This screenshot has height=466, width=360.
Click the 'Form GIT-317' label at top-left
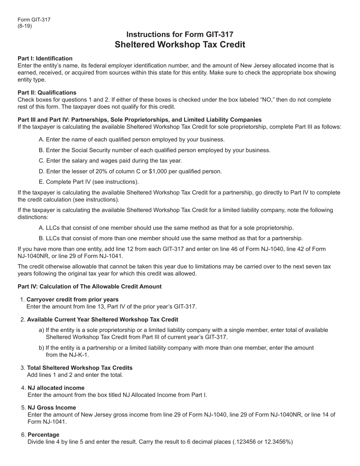click(x=34, y=20)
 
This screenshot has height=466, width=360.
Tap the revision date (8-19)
click(x=25, y=26)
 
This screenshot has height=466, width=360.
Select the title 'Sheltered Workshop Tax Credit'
click(x=180, y=44)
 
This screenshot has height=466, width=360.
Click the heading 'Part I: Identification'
click(x=45, y=58)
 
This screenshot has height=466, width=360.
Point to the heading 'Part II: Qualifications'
click(x=47, y=92)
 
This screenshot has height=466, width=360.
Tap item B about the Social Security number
click(x=155, y=150)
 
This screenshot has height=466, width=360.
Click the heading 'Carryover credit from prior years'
click(x=72, y=299)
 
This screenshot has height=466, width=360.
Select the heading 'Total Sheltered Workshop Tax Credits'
click(x=80, y=368)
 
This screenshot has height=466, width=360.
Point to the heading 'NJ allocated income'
click(x=56, y=388)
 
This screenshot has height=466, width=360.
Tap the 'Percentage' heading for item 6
click(x=43, y=434)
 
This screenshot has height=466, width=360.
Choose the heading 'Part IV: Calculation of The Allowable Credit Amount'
click(x=89, y=286)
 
